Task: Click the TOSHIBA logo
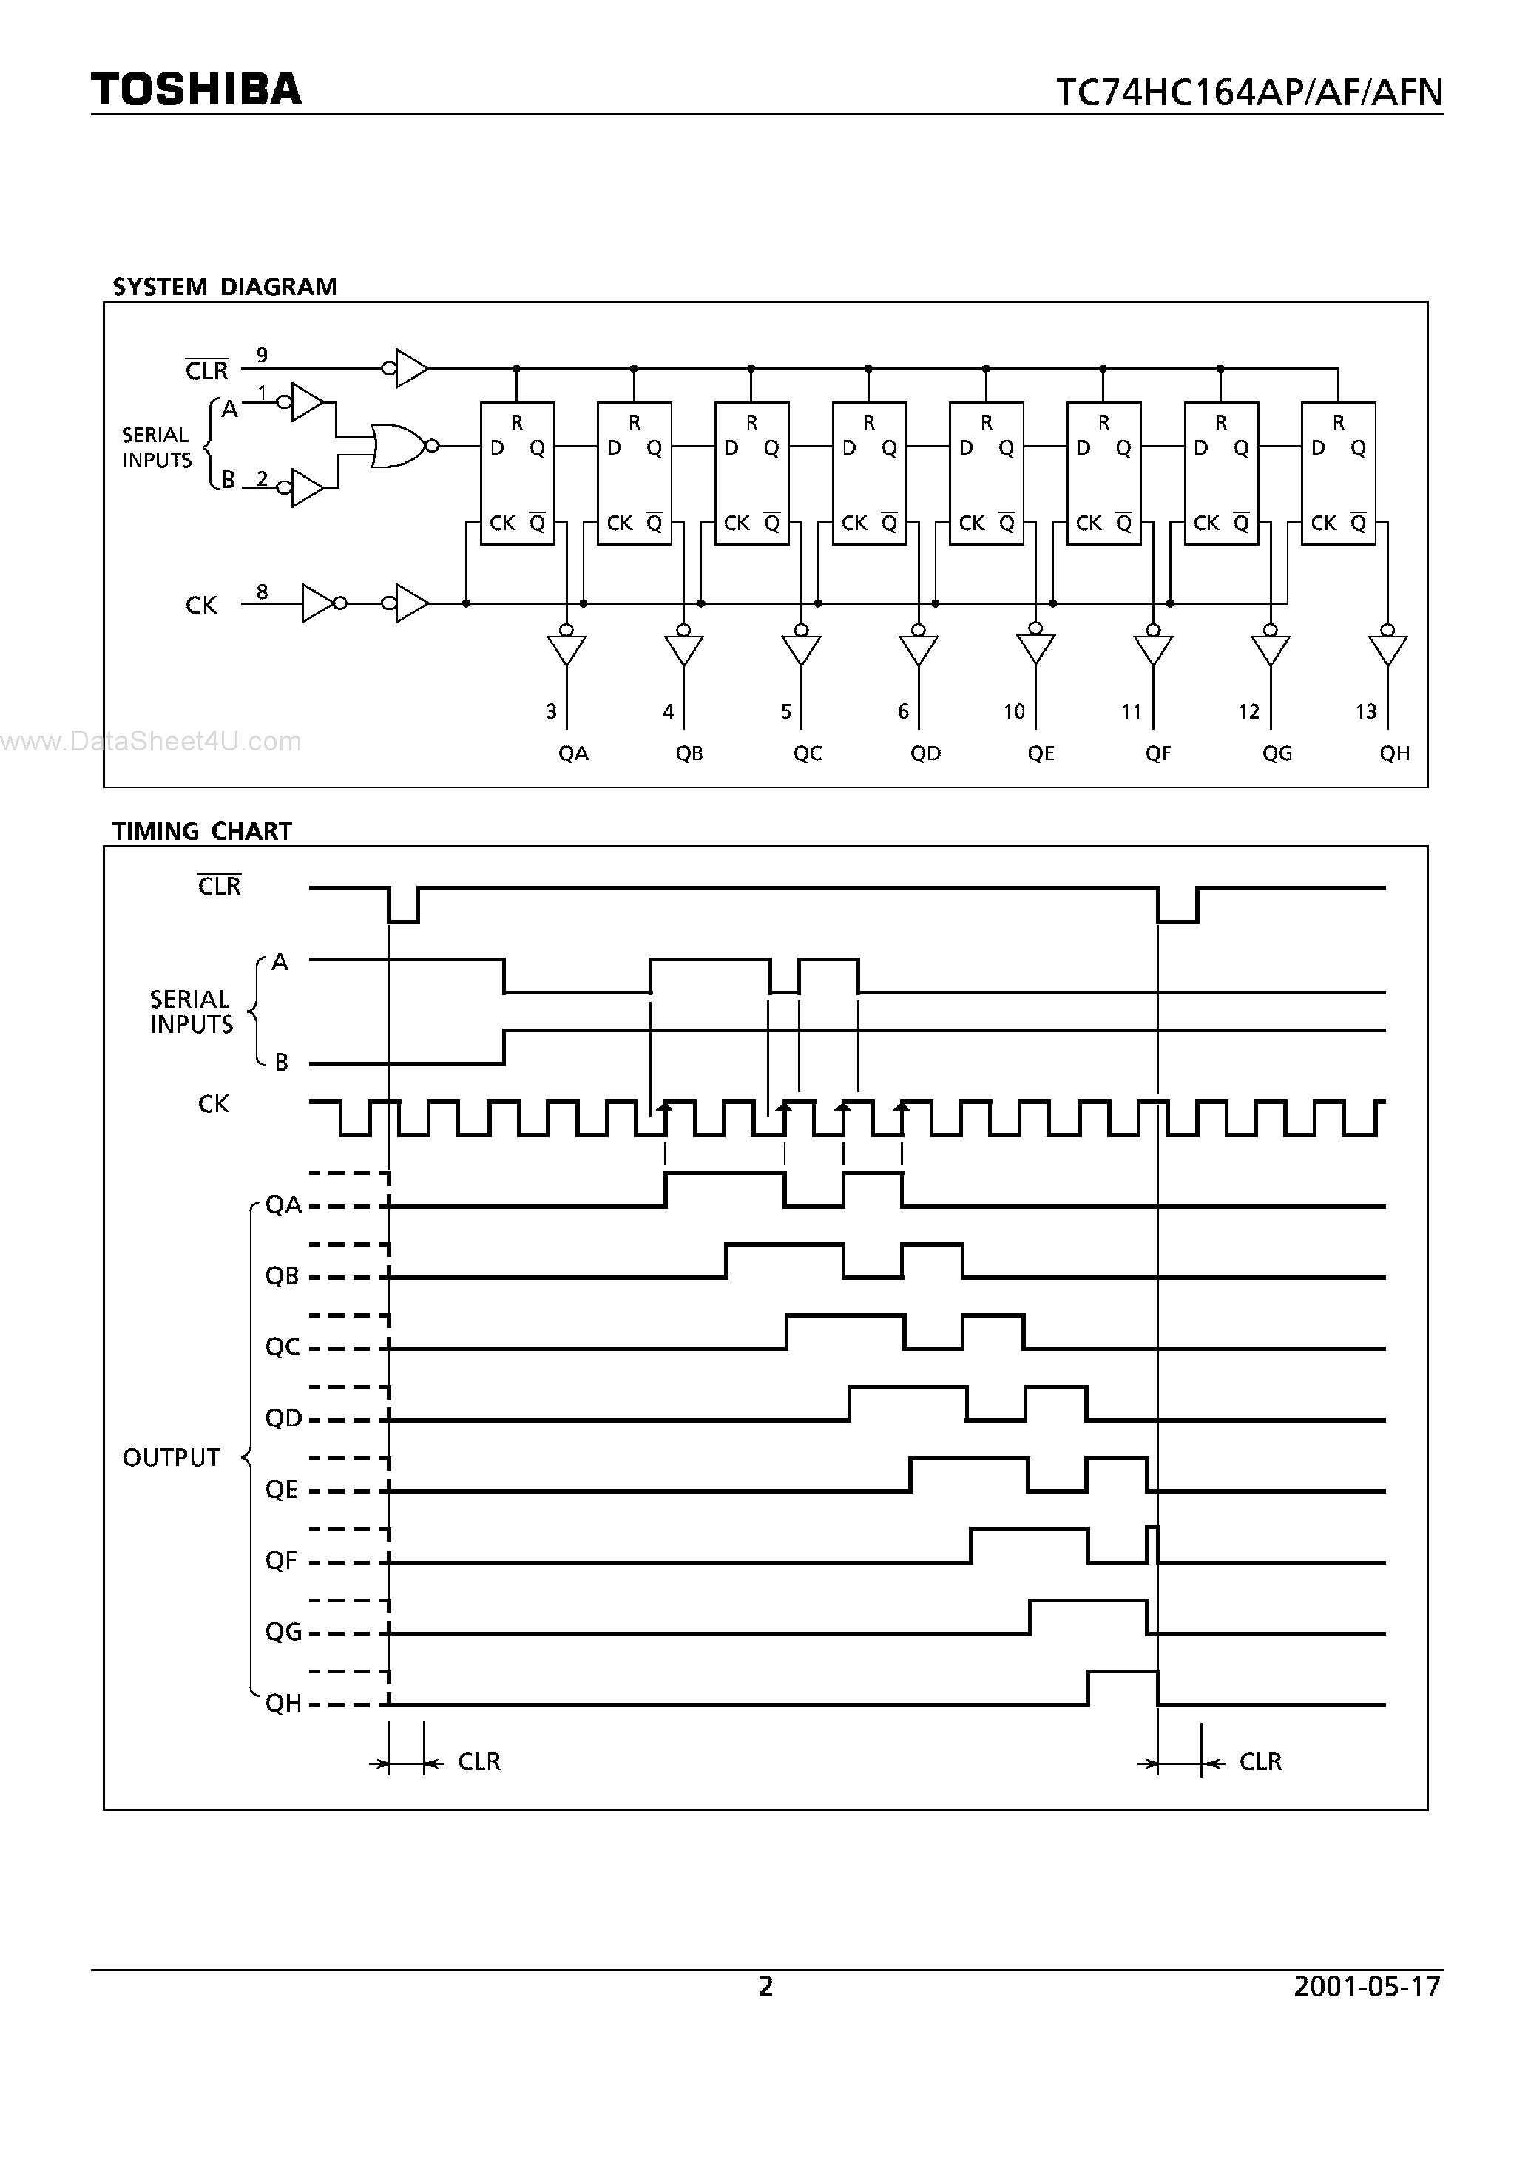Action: tap(196, 89)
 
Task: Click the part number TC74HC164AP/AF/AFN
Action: tap(1248, 92)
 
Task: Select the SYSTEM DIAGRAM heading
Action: tap(224, 286)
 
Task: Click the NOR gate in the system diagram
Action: tap(399, 445)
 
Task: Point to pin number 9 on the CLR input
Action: tap(262, 355)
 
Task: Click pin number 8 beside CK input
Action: tap(262, 592)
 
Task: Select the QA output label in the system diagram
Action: tap(572, 753)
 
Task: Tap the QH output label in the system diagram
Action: tap(1394, 753)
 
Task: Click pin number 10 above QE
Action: tap(1014, 712)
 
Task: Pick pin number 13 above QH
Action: tap(1366, 712)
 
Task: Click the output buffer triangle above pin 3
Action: tap(567, 648)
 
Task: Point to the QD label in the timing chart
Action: tap(283, 1418)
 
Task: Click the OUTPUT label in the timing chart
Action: tap(172, 1457)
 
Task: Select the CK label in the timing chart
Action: tap(213, 1104)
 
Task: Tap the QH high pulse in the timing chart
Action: tap(1123, 1673)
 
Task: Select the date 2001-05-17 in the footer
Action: tap(1367, 1986)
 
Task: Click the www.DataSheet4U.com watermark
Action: tap(151, 742)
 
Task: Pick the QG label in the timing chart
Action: tap(283, 1632)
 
